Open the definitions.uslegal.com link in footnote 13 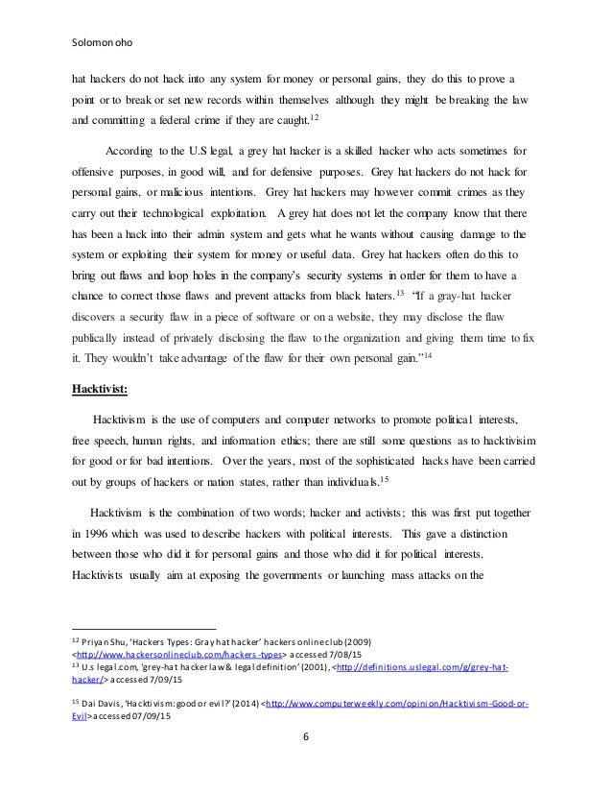pos(450,668)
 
